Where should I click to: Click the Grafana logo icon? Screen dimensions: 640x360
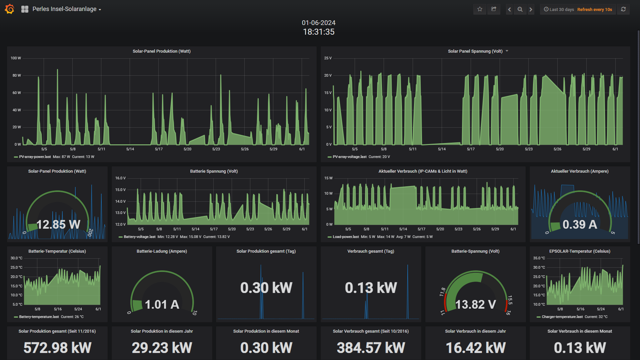pos(10,9)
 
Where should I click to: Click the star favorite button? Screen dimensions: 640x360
pos(480,9)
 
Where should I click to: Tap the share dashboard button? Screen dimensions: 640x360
pos(494,9)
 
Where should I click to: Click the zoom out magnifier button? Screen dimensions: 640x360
pos(520,9)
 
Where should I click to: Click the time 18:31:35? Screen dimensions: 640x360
pos(319,32)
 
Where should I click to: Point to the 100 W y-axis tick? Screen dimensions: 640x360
pos(16,58)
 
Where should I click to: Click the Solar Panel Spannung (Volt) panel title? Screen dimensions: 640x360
pos(475,51)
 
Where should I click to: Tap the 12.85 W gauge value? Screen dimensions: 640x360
pos(58,224)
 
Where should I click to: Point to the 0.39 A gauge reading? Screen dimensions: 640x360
pos(580,224)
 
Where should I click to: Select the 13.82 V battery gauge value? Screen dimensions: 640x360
pos(476,304)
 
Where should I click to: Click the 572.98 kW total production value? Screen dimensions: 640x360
pos(57,348)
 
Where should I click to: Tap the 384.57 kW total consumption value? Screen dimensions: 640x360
pos(371,348)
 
